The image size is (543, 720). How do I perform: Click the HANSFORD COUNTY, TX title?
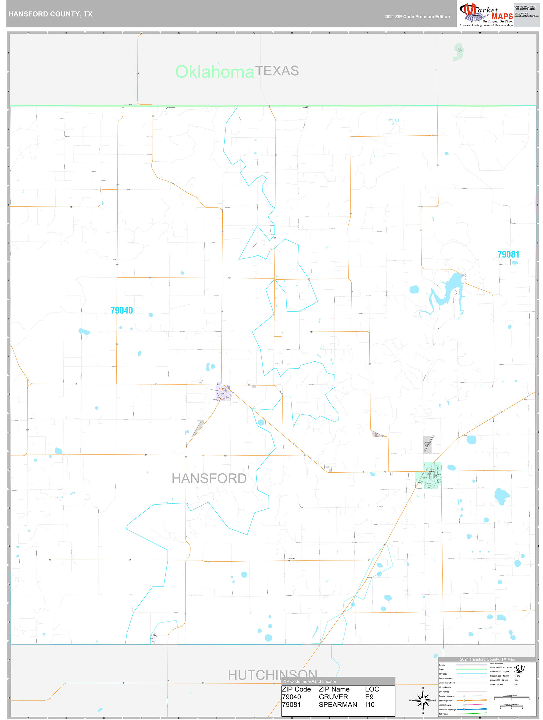(x=50, y=14)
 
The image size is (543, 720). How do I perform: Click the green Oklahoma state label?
(x=215, y=72)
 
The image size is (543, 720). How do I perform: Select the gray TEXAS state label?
(x=277, y=71)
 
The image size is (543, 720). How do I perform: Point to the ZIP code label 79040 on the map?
(x=122, y=310)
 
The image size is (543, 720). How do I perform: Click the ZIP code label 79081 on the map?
(x=508, y=254)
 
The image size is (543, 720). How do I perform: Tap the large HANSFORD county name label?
(x=209, y=479)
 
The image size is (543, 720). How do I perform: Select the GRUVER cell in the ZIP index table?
(x=333, y=697)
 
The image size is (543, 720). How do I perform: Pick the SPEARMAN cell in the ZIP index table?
(x=338, y=704)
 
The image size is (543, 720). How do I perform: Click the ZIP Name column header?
(x=334, y=689)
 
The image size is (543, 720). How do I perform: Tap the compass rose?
(x=423, y=700)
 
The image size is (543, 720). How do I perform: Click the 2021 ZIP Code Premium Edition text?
(x=417, y=17)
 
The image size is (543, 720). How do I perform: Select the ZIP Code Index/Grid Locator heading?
(x=309, y=681)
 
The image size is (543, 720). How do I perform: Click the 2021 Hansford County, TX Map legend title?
(x=487, y=659)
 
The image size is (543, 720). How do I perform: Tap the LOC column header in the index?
(x=372, y=689)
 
